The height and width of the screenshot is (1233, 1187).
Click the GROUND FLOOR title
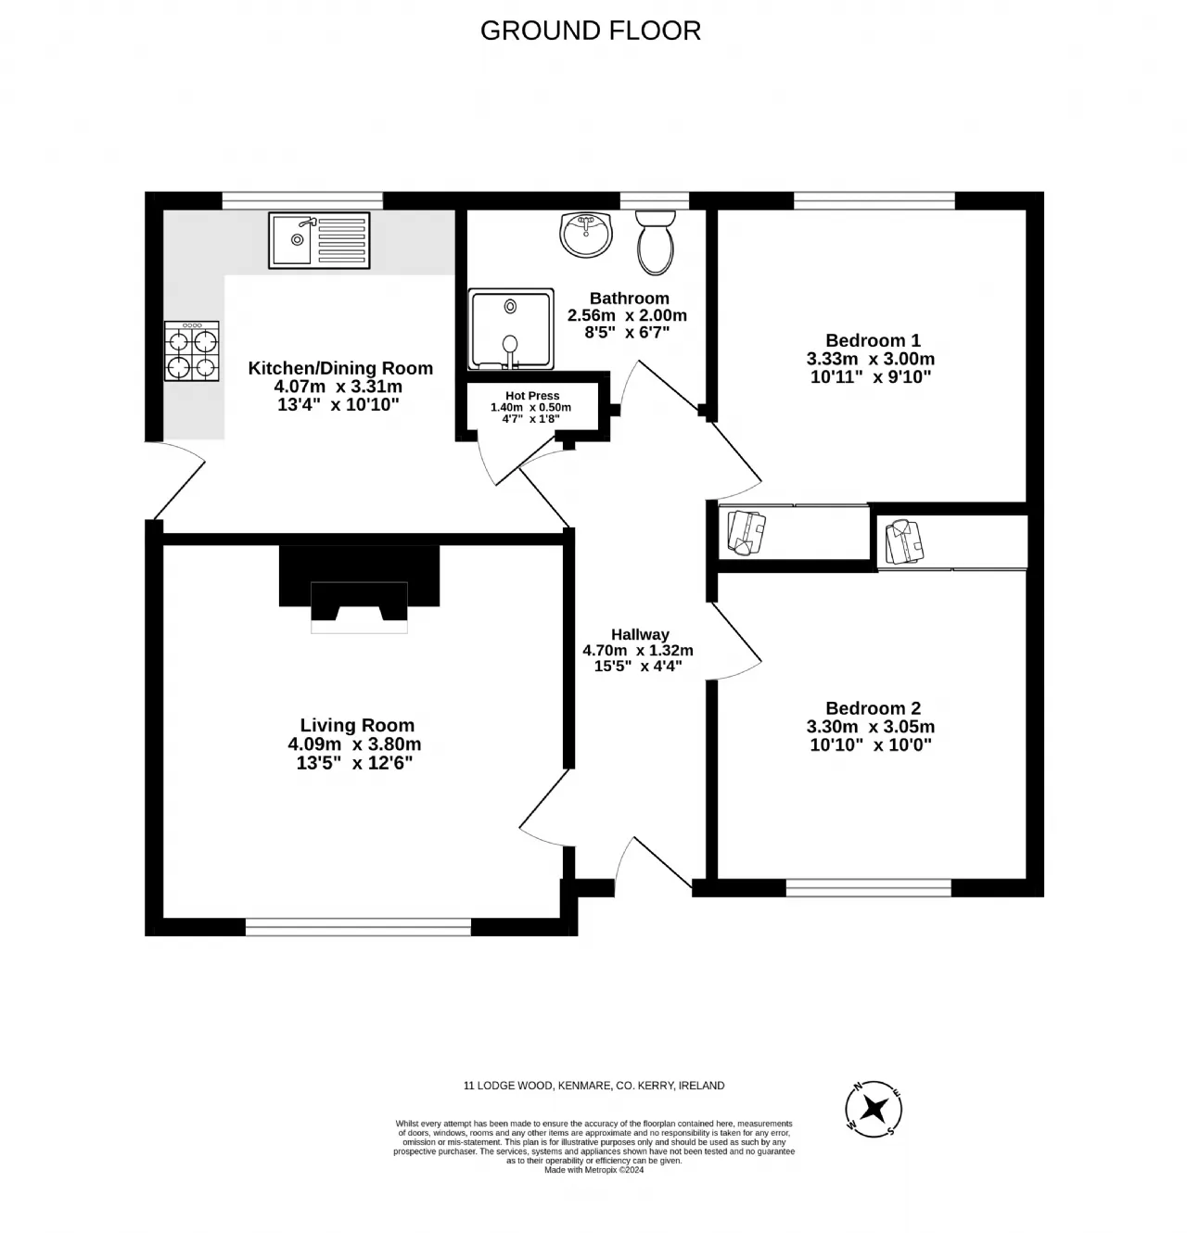pyautogui.click(x=590, y=31)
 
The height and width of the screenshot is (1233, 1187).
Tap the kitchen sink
pyautogui.click(x=319, y=240)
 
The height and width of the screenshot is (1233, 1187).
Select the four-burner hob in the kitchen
pyautogui.click(x=192, y=351)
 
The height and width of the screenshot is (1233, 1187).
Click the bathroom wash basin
pyautogui.click(x=586, y=235)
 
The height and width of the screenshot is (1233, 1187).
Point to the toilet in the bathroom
pyautogui.click(x=656, y=243)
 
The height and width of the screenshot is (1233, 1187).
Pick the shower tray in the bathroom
pyautogui.click(x=511, y=329)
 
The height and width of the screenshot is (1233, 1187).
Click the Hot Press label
pyautogui.click(x=532, y=396)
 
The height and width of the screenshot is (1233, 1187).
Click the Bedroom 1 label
pyautogui.click(x=873, y=340)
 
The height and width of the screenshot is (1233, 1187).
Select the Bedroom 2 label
pyautogui.click(x=873, y=707)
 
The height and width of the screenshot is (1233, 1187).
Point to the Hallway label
pyautogui.click(x=640, y=634)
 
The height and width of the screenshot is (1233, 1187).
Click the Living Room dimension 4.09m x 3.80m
pyautogui.click(x=354, y=744)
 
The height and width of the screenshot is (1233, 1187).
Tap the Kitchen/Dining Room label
pyautogui.click(x=340, y=368)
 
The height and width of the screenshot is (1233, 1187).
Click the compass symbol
pyautogui.click(x=874, y=1109)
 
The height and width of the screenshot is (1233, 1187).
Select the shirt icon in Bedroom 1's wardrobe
pyautogui.click(x=747, y=533)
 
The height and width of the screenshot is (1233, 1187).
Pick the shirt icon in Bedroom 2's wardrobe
pyautogui.click(x=904, y=542)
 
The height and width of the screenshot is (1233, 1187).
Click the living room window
pyautogui.click(x=358, y=926)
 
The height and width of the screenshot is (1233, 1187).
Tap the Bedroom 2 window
pyautogui.click(x=869, y=887)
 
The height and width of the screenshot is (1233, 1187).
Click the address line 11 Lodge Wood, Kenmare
pyautogui.click(x=593, y=1086)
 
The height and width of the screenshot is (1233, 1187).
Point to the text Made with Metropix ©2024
pyautogui.click(x=593, y=1170)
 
